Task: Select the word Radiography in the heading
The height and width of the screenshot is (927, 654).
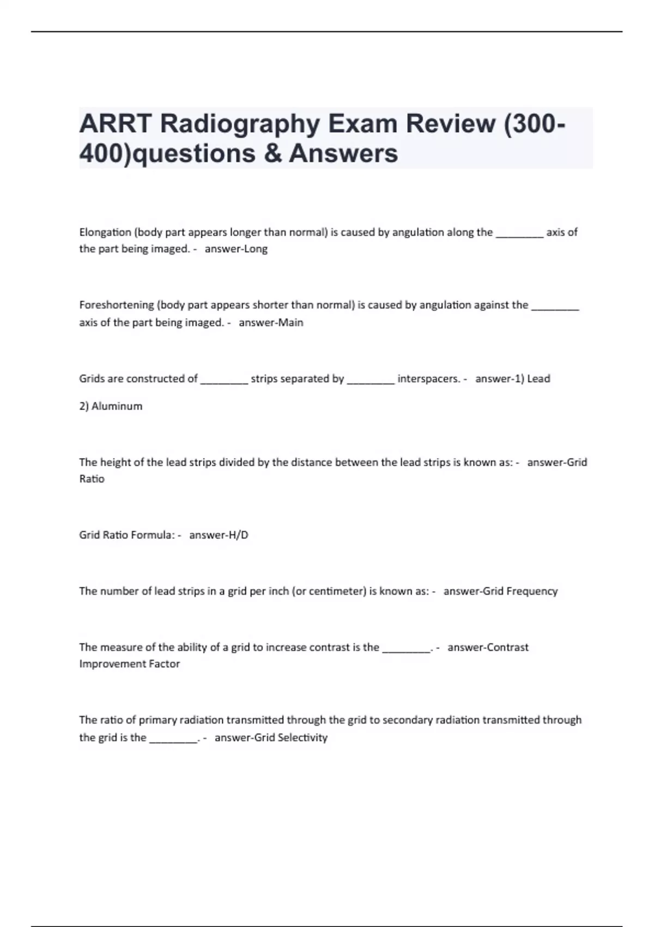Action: point(240,124)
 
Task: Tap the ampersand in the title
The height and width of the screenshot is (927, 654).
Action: point(272,154)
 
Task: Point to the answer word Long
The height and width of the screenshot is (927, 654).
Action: point(256,249)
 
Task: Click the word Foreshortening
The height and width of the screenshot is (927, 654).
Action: point(117,305)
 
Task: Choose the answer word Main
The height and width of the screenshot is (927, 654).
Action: point(290,323)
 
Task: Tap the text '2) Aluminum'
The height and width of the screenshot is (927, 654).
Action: point(111,406)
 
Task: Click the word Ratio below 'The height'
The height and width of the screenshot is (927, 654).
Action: point(92,479)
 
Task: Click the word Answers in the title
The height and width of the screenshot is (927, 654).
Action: point(343,154)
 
